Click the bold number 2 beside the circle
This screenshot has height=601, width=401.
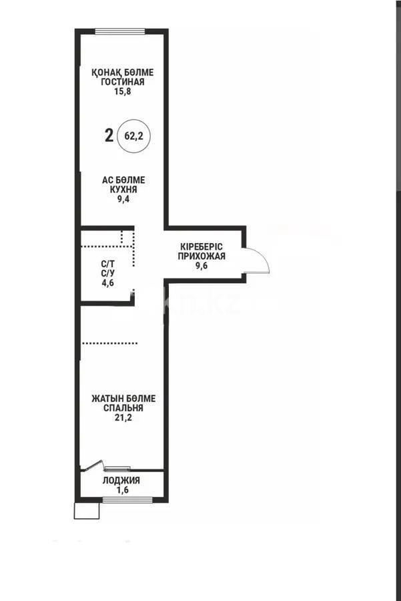pyautogui.click(x=109, y=136)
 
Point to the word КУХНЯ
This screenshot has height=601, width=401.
pyautogui.click(x=123, y=189)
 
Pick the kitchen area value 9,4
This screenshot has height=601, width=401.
pyautogui.click(x=123, y=198)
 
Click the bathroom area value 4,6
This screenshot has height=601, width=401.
pyautogui.click(x=107, y=282)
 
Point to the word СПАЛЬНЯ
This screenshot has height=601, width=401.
pyautogui.click(x=123, y=407)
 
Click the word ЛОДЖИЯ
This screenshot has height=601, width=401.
pyautogui.click(x=121, y=480)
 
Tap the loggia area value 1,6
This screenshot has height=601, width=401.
pyautogui.click(x=121, y=489)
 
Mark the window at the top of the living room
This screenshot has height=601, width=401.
pyautogui.click(x=120, y=31)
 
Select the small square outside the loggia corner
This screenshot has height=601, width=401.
pyautogui.click(x=85, y=510)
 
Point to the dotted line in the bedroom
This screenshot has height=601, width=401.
pyautogui.click(x=109, y=343)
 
